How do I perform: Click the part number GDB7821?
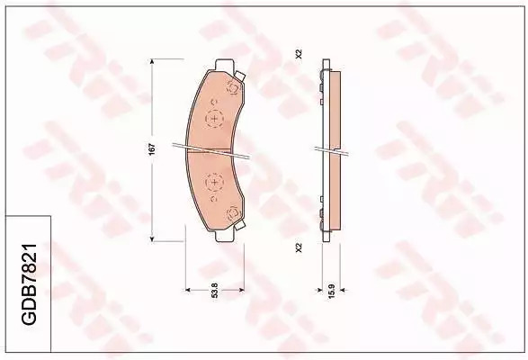coord(29,283)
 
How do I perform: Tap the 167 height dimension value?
coord(152,149)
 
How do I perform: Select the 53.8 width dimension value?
coord(215,290)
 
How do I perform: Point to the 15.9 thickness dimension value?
coord(331,291)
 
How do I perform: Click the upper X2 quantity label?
coord(299,54)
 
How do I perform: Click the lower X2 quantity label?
coord(299,247)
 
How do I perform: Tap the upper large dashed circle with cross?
coord(214,118)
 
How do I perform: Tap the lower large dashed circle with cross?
coord(214,183)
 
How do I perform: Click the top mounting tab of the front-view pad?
coord(224,65)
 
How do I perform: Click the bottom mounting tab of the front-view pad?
coord(224,237)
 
